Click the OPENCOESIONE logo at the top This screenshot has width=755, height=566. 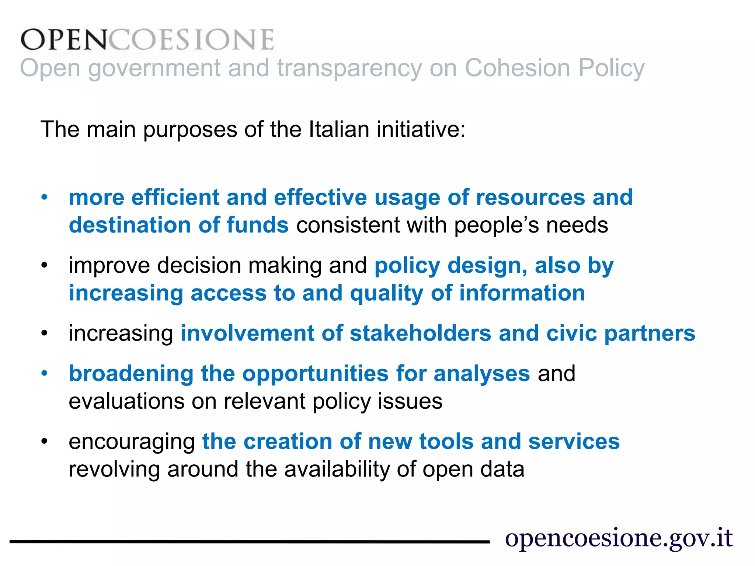[147, 39]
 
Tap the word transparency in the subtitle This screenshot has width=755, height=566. [349, 69]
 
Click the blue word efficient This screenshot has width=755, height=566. [175, 197]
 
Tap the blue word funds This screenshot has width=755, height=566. [257, 225]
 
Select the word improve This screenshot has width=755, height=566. [109, 266]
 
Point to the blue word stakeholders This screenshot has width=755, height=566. [421, 333]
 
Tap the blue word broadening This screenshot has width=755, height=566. [131, 373]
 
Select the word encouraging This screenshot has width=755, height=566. [132, 442]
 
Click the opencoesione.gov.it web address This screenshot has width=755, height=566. [619, 538]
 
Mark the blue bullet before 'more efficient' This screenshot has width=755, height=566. [45, 197]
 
